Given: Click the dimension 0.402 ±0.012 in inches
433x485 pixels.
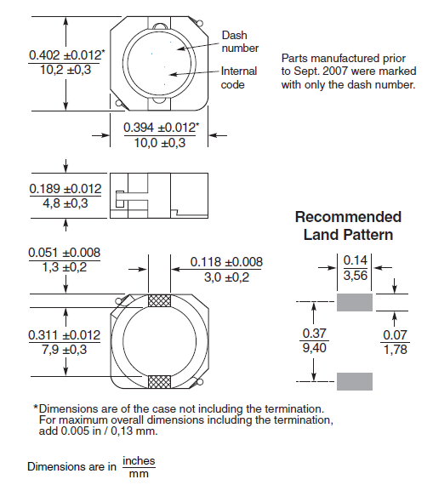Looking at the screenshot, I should point(65,54).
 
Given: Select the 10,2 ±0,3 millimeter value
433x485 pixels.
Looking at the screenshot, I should point(65,70).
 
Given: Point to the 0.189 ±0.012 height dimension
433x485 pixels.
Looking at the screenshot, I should point(66,188).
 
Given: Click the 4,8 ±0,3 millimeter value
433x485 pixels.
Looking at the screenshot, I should point(66,203).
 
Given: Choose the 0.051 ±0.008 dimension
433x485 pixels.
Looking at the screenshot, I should point(66,253).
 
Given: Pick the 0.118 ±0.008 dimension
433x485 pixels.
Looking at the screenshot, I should point(214,261).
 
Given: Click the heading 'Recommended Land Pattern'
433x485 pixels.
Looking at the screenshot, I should point(348,225).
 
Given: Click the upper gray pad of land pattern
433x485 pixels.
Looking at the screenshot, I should point(355,303).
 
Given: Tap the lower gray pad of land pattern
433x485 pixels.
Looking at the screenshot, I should point(355,380).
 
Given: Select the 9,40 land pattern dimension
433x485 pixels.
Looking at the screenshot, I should point(315,348).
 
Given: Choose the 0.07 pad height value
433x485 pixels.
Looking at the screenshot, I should point(394,335).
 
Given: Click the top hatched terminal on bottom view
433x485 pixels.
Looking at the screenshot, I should point(160,301).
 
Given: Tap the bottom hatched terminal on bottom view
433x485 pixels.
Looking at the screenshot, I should point(160,381).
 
